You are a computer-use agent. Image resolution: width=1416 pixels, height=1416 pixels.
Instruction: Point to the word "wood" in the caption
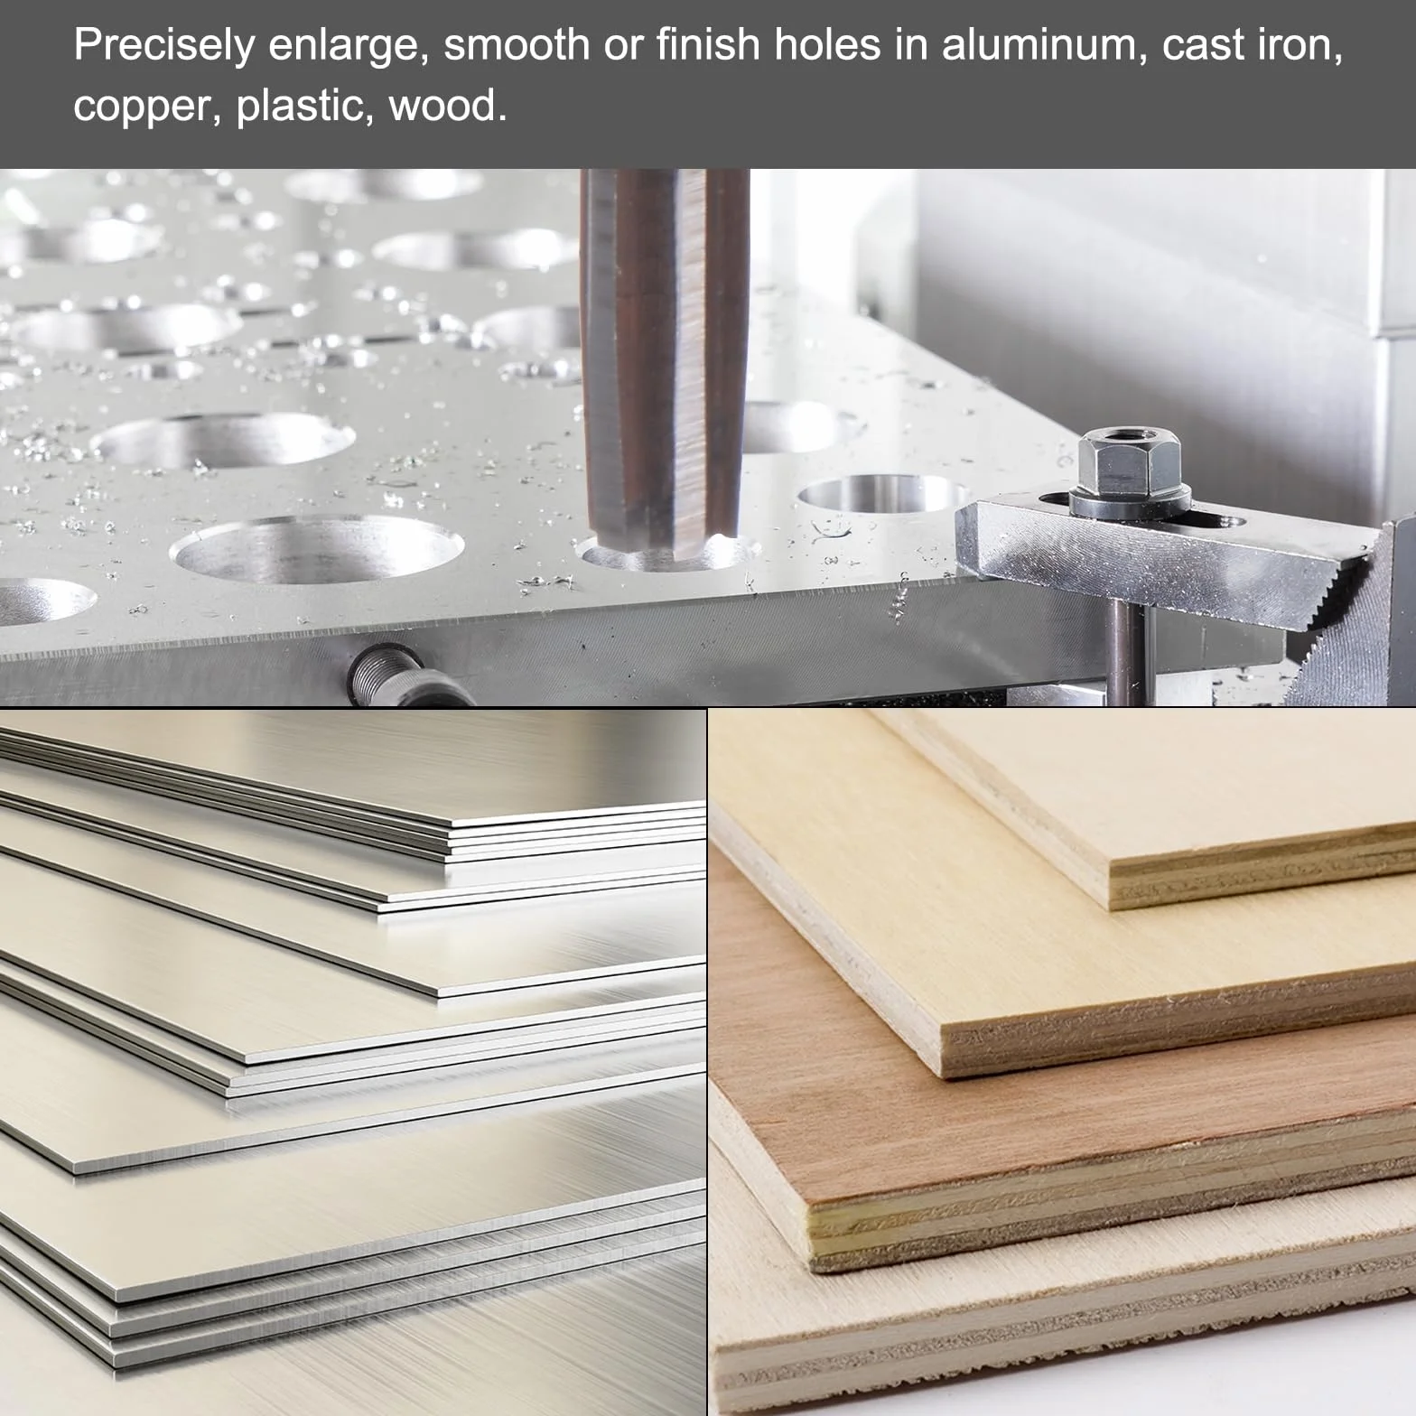(448, 106)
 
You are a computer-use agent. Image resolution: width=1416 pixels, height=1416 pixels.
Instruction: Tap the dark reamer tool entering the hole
(664, 361)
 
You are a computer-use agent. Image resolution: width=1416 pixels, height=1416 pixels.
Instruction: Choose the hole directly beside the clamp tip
(882, 495)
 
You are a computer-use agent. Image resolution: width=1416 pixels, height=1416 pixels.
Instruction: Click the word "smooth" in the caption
(517, 45)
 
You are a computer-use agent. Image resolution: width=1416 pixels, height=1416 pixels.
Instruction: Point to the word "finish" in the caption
(708, 45)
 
